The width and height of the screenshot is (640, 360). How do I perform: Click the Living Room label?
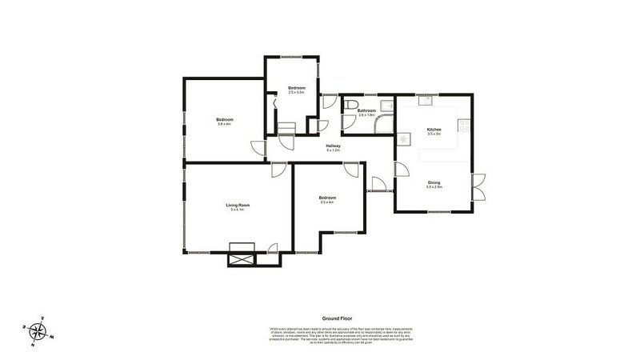pyautogui.click(x=238, y=206)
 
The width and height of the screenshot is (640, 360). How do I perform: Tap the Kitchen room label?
pyautogui.click(x=434, y=129)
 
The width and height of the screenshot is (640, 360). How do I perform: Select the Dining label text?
pyautogui.click(x=434, y=182)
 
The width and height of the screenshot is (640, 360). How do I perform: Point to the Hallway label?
pyautogui.click(x=334, y=146)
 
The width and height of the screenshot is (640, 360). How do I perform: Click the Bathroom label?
pyautogui.click(x=366, y=110)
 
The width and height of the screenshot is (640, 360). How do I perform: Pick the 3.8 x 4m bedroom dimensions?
pyautogui.click(x=224, y=124)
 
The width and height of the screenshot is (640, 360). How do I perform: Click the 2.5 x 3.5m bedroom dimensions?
pyautogui.click(x=297, y=93)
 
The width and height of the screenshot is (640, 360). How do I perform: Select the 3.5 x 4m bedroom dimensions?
pyautogui.click(x=327, y=202)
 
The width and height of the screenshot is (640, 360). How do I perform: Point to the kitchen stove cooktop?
pyautogui.click(x=462, y=125)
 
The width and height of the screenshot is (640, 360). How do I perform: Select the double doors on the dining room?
pyautogui.click(x=478, y=187)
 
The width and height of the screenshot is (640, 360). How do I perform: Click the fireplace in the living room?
pyautogui.click(x=241, y=249)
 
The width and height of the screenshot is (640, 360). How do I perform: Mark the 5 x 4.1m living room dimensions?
pyautogui.click(x=238, y=210)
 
